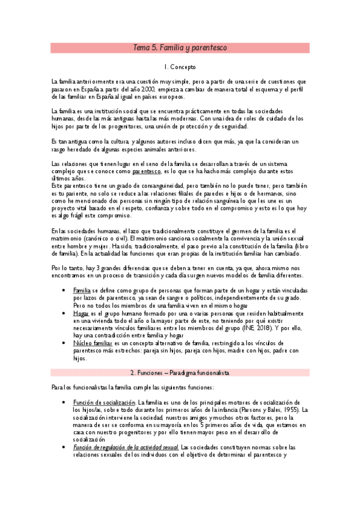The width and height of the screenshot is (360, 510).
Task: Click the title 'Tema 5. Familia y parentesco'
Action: [x=180, y=48]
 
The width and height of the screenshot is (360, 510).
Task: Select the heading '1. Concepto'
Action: [x=180, y=68]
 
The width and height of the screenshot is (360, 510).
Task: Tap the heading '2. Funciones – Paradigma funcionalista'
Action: [x=180, y=373]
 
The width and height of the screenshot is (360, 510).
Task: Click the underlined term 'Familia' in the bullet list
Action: [x=82, y=290]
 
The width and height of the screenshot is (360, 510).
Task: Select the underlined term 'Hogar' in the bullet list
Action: [x=81, y=313]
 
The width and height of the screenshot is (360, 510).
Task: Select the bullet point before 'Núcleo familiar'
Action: [x=64, y=342]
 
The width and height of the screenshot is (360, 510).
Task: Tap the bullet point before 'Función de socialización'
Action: [x=64, y=402]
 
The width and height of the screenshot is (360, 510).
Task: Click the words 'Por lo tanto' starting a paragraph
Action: [x=67, y=266]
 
